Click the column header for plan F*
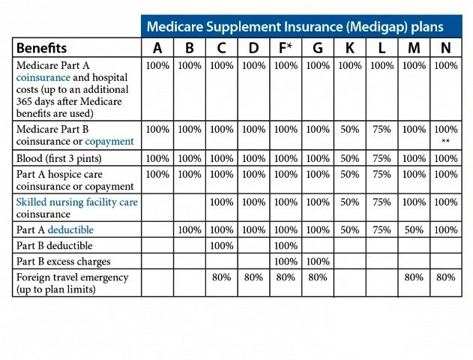pos(286,48)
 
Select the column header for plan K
pos(349,48)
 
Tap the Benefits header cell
pos(42,48)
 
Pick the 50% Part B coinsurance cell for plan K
pos(349,129)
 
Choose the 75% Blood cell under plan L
pos(382,159)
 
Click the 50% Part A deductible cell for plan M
pos(414,230)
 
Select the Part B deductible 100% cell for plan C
pos(221,246)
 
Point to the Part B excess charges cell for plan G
pos(318,262)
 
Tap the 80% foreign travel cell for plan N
pos(445,277)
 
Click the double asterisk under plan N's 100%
pos(445,142)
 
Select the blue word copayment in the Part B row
pos(109,141)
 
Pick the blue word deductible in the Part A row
pos(70,230)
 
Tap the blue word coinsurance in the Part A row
pos(43,77)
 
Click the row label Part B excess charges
pos(63,262)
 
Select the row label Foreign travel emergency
pos(72,277)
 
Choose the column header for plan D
pos(253,48)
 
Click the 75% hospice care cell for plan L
pos(382,174)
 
